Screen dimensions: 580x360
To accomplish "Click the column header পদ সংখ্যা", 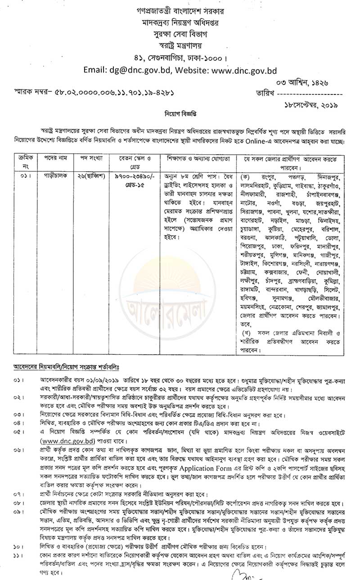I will [x=92, y=160].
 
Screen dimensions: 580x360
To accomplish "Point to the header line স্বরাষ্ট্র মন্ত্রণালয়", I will [x=180, y=45].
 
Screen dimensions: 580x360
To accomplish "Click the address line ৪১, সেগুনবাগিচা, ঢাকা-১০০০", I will [x=180, y=58].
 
